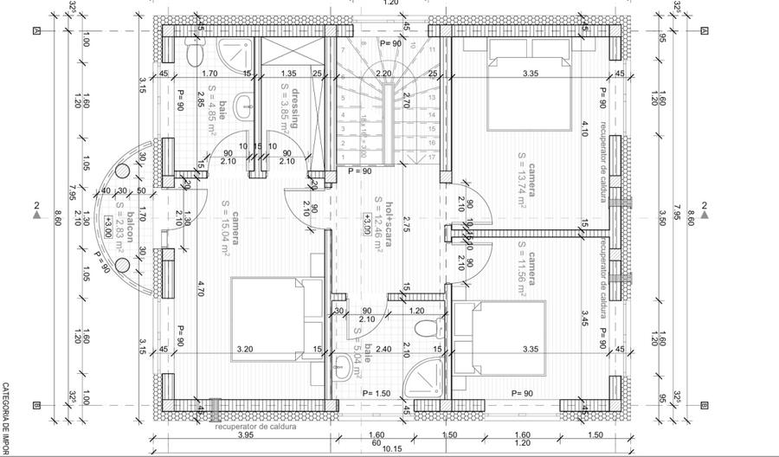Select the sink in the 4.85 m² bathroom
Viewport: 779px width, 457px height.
245,111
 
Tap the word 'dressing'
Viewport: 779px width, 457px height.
293,107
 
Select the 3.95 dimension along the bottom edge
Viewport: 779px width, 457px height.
245,435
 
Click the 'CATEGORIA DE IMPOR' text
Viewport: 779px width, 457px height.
5,419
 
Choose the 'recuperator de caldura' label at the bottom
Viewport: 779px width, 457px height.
256,427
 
